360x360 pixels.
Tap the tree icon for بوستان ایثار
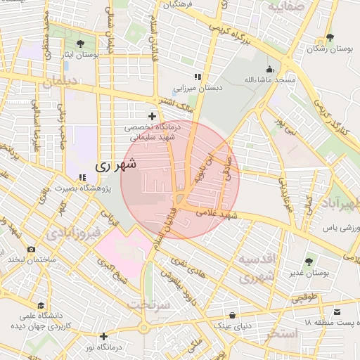pyautogui.click(x=89, y=42)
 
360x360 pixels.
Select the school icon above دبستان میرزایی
pyautogui.click(x=198, y=77)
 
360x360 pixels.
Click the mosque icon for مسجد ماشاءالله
pyautogui.click(x=269, y=69)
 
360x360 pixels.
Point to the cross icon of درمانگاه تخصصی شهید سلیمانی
pyautogui.click(x=152, y=115)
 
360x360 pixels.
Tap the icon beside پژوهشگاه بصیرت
pyautogui.click(x=82, y=178)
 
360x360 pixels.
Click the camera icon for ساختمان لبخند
pyautogui.click(x=31, y=249)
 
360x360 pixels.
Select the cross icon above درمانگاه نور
pyautogui.click(x=103, y=336)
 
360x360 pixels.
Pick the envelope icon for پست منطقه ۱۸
pyautogui.click(x=337, y=311)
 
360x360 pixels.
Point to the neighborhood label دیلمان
pyautogui.click(x=58, y=84)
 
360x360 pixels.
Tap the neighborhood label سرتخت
pyautogui.click(x=150, y=305)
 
